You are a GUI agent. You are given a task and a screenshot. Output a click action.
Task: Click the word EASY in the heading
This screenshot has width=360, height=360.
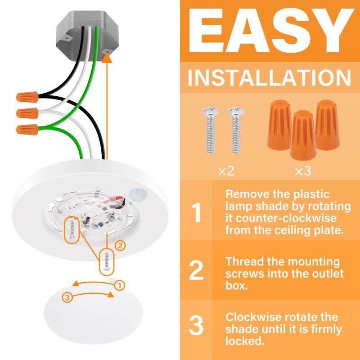click(271, 31)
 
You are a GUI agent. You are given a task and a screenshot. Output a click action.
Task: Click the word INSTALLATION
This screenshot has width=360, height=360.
click(269, 78)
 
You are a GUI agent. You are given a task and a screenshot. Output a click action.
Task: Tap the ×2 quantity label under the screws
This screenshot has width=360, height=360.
click(226, 171)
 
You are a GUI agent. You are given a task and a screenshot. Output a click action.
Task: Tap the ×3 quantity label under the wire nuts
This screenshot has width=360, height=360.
click(303, 171)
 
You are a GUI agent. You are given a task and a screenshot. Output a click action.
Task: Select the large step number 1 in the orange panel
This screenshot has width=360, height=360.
click(197, 212)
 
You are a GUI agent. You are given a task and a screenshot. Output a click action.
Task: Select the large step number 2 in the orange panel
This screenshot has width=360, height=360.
click(196, 270)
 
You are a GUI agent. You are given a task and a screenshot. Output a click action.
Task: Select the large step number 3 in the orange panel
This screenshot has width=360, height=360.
click(196, 325)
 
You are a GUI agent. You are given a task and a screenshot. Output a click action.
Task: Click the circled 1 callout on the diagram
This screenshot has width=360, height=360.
click(119, 286)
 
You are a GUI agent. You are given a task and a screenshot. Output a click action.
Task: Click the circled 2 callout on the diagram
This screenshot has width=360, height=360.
click(120, 246)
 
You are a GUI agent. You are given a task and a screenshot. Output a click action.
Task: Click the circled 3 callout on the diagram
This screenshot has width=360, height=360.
click(67, 298)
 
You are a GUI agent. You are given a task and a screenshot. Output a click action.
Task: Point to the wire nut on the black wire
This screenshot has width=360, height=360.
click(27, 97)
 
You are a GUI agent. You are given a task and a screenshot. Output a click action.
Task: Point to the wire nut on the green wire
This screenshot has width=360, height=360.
click(27, 130)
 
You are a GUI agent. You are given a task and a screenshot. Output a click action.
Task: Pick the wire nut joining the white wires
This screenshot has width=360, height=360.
click(27, 113)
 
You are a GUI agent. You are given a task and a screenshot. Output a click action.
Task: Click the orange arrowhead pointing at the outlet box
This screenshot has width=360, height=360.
click(107, 58)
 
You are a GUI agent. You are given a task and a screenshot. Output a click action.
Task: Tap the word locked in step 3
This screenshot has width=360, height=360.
click(245, 341)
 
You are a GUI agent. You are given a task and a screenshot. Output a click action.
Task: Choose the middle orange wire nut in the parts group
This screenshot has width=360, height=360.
click(303, 135)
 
